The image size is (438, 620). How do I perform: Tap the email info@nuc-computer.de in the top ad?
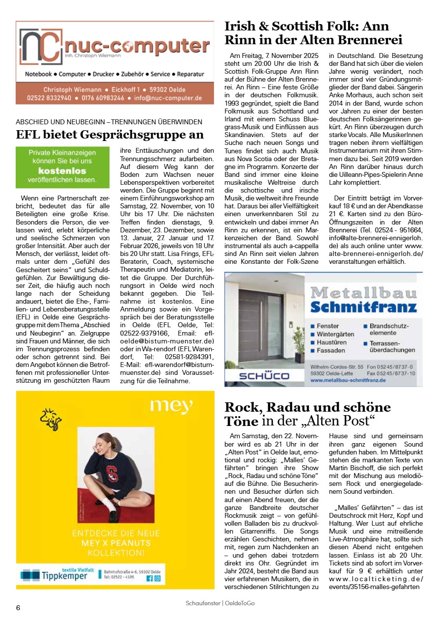pyautogui.click(x=171, y=98)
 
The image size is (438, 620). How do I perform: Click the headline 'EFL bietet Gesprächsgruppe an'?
pyautogui.click(x=109, y=134)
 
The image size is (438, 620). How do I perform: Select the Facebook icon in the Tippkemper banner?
pyautogui.click(x=150, y=578)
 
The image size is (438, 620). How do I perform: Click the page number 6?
pyautogui.click(x=18, y=608)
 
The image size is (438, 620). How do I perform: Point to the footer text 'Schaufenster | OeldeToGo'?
pyautogui.click(x=220, y=603)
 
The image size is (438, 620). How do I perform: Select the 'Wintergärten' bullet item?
pyautogui.click(x=336, y=334)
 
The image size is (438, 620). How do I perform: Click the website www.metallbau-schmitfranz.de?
pyautogui.click(x=348, y=380)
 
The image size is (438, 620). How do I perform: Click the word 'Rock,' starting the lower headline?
pyautogui.click(x=245, y=407)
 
